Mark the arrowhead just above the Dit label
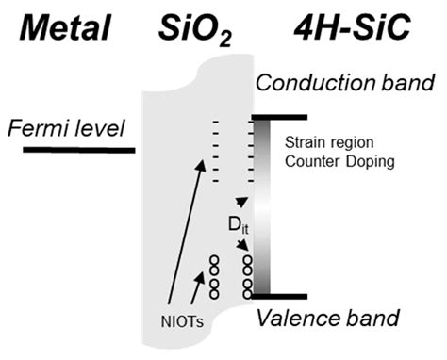(x=242, y=203)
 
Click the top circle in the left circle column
(x=214, y=260)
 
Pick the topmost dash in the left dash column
(x=217, y=122)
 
